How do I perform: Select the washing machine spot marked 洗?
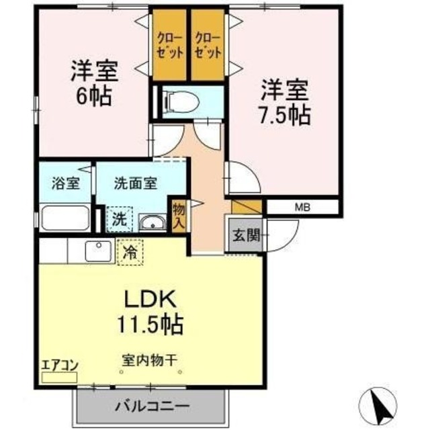118,218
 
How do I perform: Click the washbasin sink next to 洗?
153,222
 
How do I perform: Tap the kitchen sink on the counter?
100,251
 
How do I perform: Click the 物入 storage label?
179,214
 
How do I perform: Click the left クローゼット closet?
168,44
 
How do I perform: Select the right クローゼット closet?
208,44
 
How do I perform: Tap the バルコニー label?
151,406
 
